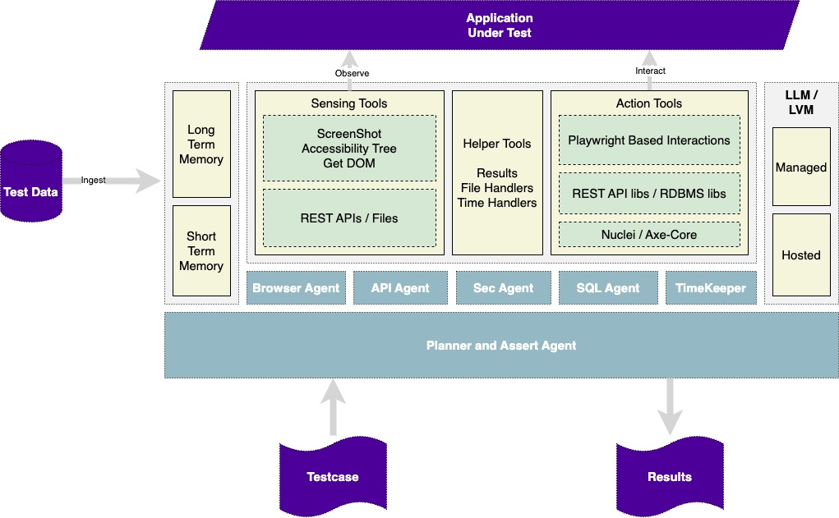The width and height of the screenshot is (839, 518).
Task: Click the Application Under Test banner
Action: (499, 25)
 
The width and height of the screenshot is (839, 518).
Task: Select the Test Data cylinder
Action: (31, 181)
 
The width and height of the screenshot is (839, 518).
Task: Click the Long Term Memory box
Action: (201, 144)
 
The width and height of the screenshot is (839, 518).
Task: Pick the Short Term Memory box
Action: (201, 250)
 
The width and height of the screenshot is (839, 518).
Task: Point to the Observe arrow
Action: (350, 62)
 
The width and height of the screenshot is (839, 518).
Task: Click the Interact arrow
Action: (650, 60)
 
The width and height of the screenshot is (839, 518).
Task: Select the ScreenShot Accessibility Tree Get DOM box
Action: (349, 149)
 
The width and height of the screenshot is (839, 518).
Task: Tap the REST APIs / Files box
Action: (349, 218)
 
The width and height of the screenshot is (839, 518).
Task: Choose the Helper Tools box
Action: (497, 172)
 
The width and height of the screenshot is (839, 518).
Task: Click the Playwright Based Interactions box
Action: (649, 140)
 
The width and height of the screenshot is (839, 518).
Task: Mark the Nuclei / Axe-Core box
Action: (649, 235)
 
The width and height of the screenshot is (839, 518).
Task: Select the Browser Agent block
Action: (296, 288)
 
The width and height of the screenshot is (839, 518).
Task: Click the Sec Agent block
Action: (503, 288)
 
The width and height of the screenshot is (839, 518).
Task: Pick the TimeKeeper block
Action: (711, 288)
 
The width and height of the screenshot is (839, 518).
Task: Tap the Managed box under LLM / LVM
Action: (801, 167)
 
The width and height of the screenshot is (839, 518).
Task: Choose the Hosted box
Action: (801, 255)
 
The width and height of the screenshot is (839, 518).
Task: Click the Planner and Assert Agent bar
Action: (501, 346)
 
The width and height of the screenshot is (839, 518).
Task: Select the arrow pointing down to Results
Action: (670, 406)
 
